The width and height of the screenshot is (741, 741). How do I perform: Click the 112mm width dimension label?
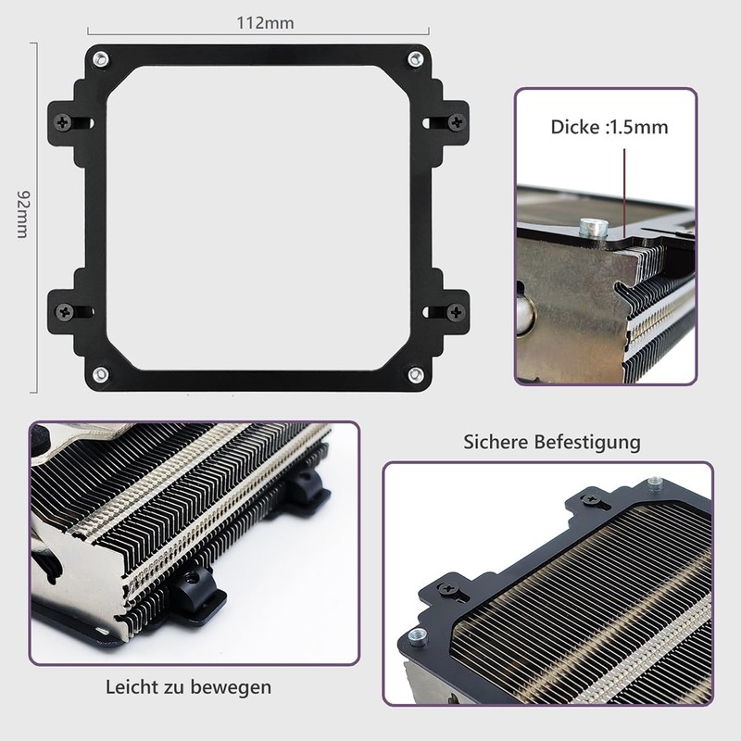[258, 23]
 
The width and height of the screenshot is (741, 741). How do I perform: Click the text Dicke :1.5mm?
[609, 127]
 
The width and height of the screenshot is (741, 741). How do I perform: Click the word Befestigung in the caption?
[588, 442]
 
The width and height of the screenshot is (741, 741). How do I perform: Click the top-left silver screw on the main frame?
[99, 60]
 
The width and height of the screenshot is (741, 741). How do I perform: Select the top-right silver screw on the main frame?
[414, 60]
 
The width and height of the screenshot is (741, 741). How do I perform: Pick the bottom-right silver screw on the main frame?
[414, 374]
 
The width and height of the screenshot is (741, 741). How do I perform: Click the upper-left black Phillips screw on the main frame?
[64, 121]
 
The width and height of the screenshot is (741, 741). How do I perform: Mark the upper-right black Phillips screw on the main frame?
[455, 121]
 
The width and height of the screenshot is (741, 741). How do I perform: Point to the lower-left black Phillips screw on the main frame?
[64, 311]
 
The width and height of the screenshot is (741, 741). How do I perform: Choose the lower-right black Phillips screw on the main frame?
[455, 311]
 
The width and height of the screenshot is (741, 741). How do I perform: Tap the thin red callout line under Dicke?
[625, 185]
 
